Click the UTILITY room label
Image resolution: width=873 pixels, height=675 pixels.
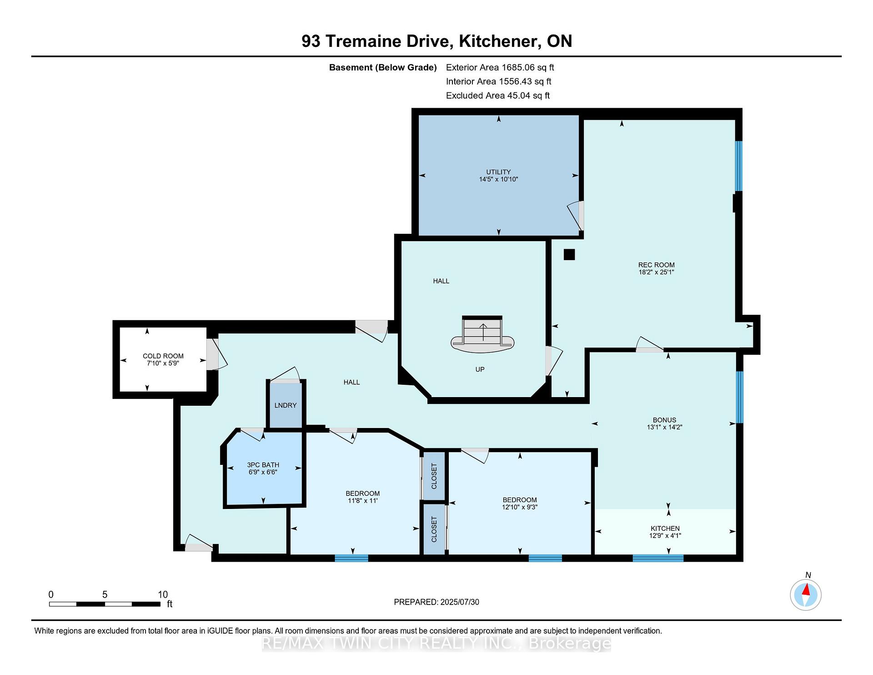498,172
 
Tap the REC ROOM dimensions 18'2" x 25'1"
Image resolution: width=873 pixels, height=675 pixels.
656,272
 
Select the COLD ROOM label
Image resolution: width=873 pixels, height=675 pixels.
163,356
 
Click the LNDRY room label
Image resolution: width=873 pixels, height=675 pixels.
286,405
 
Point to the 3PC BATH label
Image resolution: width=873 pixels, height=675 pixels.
263,465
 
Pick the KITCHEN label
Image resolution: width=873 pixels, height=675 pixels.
665,529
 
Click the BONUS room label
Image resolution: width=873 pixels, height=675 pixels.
664,420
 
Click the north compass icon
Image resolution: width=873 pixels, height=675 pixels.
806,594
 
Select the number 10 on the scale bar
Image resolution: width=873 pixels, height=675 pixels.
163,594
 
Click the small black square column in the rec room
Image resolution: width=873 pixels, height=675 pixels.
569,255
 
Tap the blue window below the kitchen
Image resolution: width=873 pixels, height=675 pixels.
658,558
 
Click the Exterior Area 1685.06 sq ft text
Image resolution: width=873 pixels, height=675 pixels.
500,67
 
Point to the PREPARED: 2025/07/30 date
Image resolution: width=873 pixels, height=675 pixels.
436,602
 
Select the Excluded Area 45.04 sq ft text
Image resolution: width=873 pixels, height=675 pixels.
498,96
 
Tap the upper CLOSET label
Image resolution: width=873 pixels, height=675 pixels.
434,476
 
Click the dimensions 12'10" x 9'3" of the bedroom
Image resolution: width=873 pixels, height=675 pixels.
520,507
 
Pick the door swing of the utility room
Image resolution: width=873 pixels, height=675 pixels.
576,216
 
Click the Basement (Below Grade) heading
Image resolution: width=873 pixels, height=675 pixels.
383,67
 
